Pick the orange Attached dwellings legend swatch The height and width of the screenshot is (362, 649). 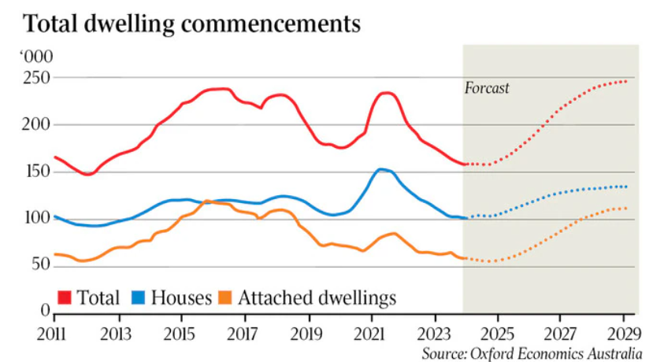(x=225, y=297)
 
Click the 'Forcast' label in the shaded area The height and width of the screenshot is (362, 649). (x=487, y=88)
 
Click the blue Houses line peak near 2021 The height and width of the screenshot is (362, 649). (x=381, y=169)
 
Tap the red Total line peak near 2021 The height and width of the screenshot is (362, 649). (x=384, y=93)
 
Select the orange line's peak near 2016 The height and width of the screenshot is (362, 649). (x=207, y=201)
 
